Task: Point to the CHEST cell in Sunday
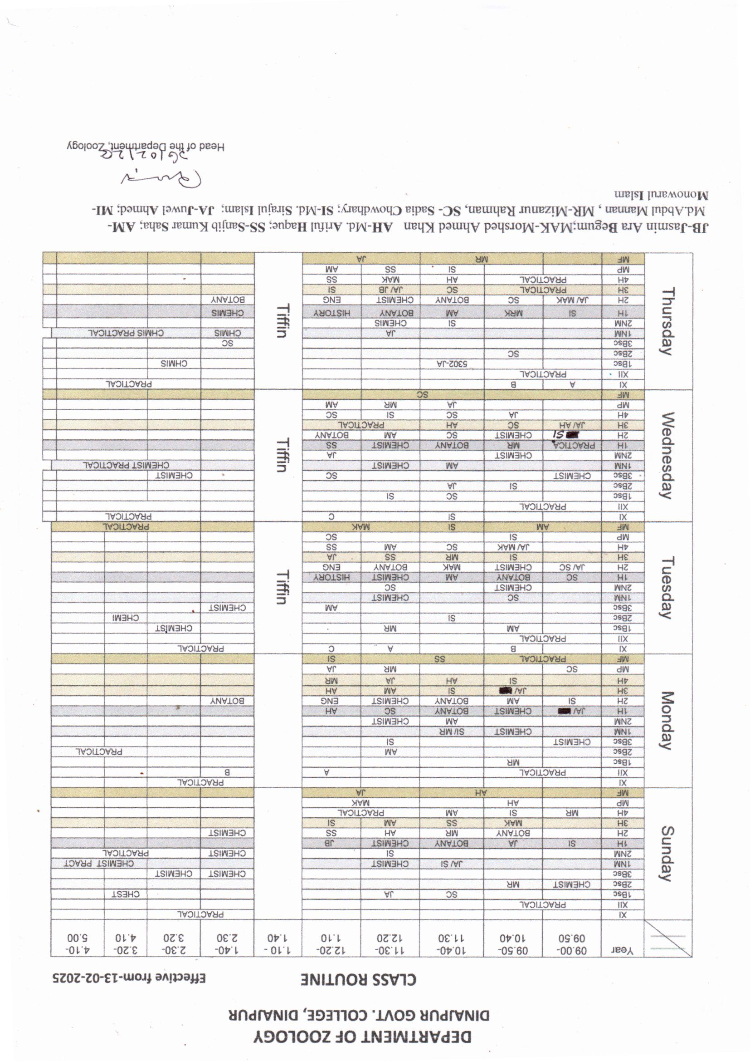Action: click(x=127, y=894)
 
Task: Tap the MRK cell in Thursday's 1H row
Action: click(x=513, y=313)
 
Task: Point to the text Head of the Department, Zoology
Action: click(x=145, y=147)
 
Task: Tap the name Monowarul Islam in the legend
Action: click(x=657, y=195)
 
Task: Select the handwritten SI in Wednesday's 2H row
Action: click(x=560, y=434)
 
